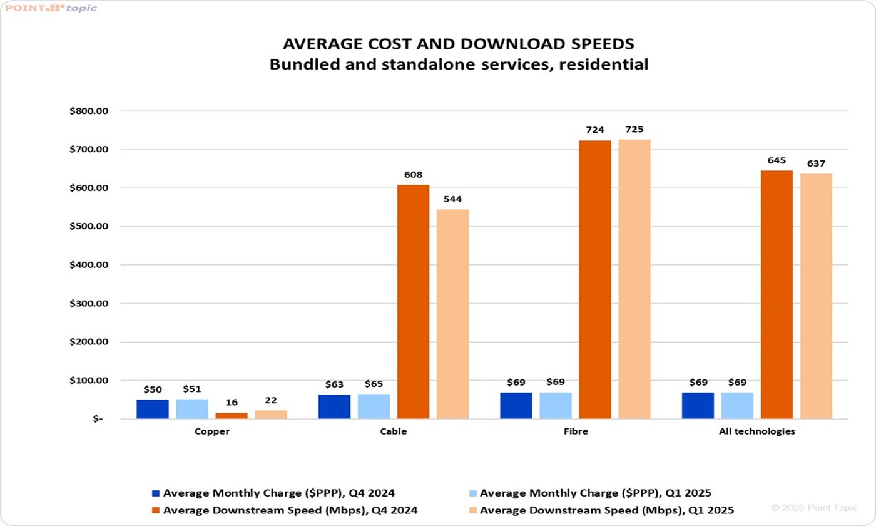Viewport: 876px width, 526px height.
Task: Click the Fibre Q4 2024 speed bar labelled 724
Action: point(594,279)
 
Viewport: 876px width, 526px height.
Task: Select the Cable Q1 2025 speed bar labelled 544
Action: point(452,314)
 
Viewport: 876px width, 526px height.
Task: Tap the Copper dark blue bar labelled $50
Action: point(153,409)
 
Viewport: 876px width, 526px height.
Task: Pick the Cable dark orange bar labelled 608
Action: point(413,301)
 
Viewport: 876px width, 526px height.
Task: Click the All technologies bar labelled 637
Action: point(816,296)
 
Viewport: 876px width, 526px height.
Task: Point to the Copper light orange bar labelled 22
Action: point(271,414)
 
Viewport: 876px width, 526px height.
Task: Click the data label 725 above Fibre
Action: point(634,130)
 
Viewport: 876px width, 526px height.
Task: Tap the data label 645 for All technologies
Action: point(777,161)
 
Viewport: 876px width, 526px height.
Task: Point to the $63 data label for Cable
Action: point(334,384)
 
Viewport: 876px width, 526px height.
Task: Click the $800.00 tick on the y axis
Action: point(89,111)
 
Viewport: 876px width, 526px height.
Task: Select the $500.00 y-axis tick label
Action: point(89,227)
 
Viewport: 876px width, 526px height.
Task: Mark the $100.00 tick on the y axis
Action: point(89,381)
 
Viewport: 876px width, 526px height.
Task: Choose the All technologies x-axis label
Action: point(757,431)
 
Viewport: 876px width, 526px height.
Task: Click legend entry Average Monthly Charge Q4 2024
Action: point(278,493)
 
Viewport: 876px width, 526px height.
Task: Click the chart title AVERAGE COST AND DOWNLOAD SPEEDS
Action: point(459,44)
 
